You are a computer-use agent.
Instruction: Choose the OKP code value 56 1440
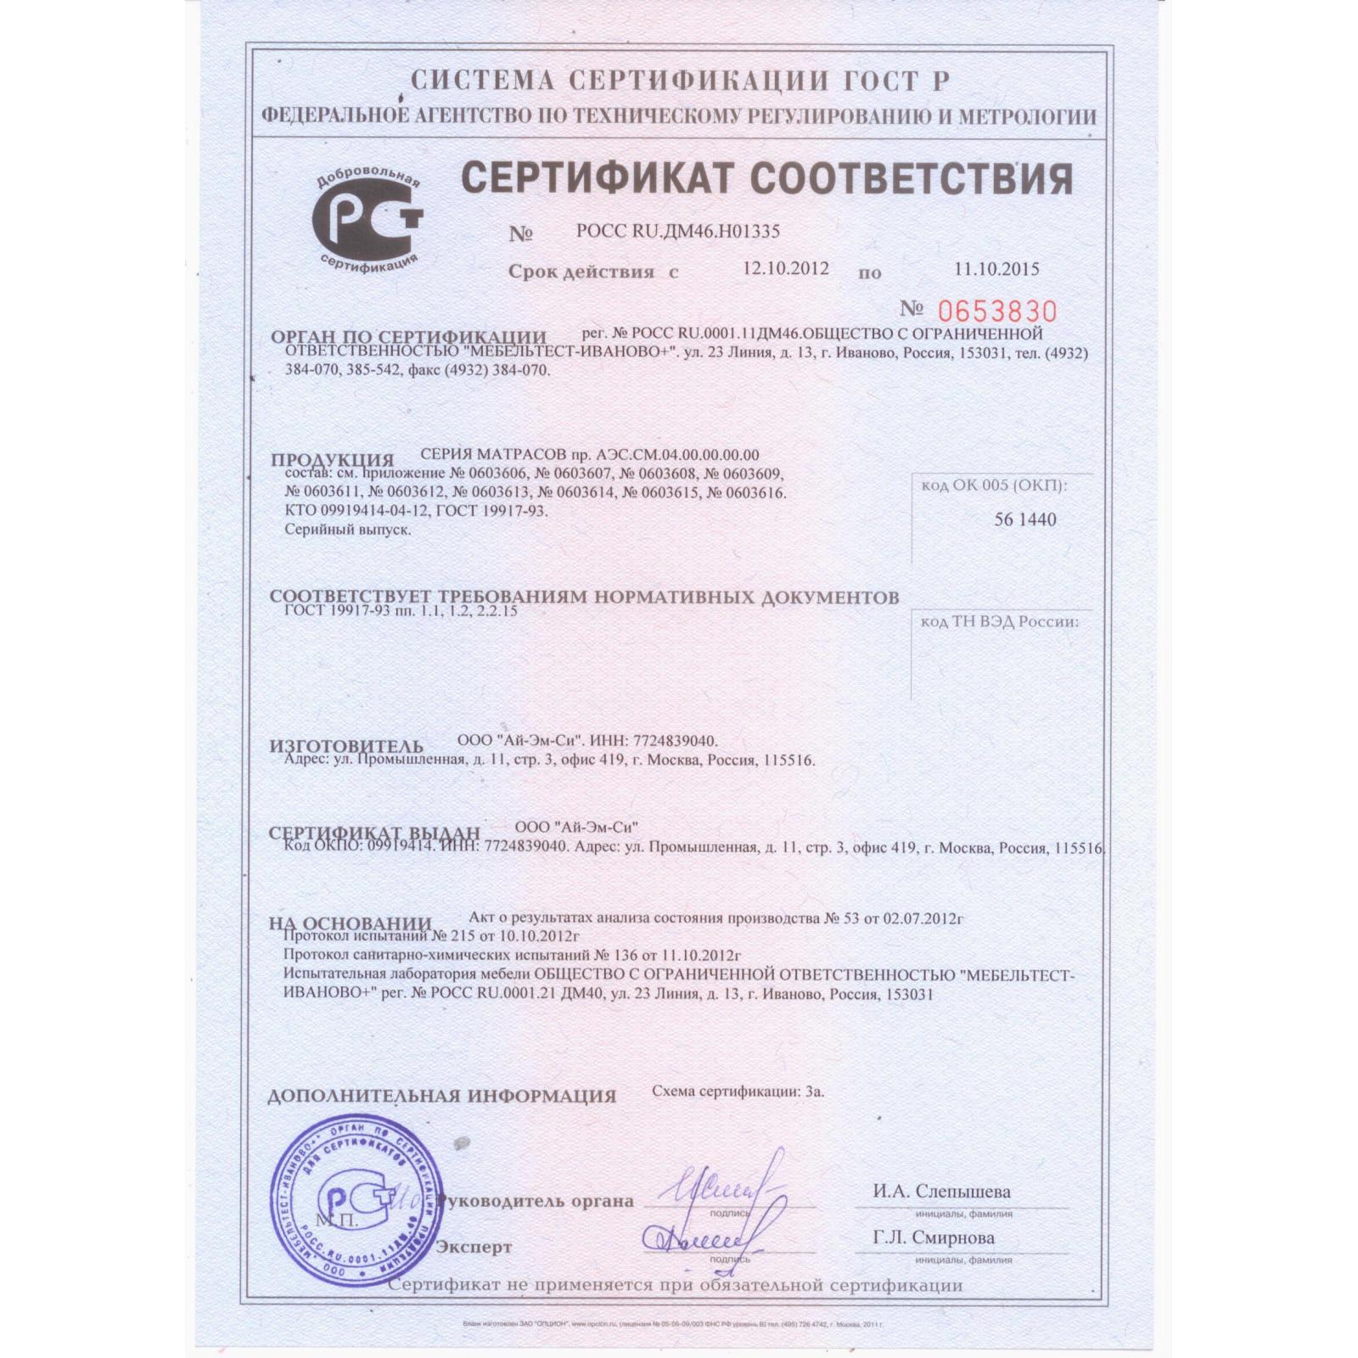(1025, 519)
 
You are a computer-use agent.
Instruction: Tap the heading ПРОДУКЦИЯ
(333, 461)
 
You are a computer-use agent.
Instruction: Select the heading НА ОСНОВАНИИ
(351, 923)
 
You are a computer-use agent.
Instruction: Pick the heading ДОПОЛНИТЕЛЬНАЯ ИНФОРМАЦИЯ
(441, 1096)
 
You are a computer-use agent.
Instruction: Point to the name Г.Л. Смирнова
(934, 1238)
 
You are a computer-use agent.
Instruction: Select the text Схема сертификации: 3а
(738, 1091)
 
